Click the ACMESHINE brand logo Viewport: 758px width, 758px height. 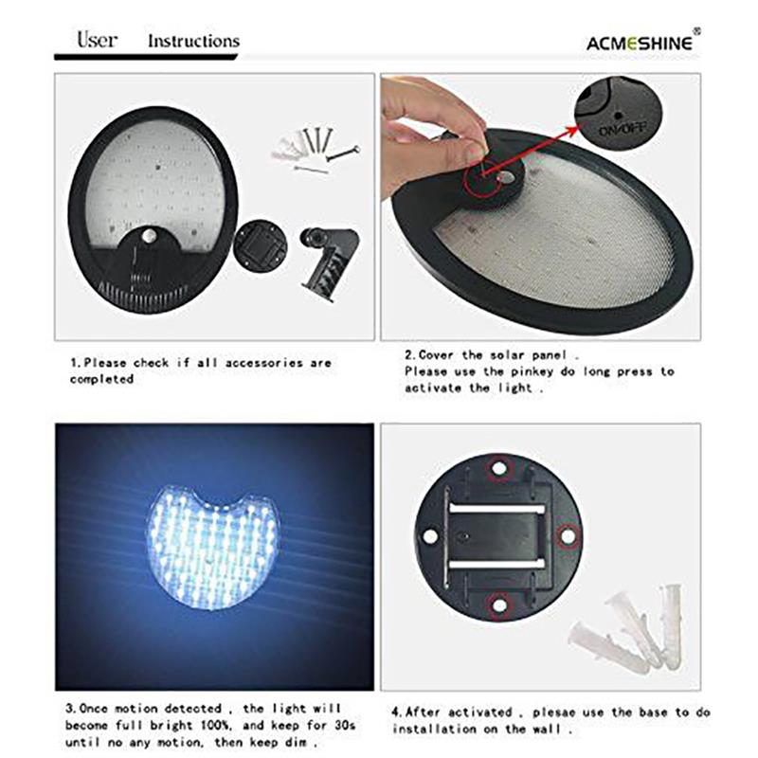click(x=642, y=42)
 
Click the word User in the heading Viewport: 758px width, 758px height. click(x=97, y=40)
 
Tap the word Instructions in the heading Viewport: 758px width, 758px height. click(x=193, y=41)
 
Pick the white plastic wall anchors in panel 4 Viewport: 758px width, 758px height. click(x=630, y=630)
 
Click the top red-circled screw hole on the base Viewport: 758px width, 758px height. click(x=498, y=467)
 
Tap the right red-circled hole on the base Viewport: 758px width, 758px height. click(x=567, y=535)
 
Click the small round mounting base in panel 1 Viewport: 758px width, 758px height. click(x=260, y=244)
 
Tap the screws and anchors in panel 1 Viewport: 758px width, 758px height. click(x=313, y=147)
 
